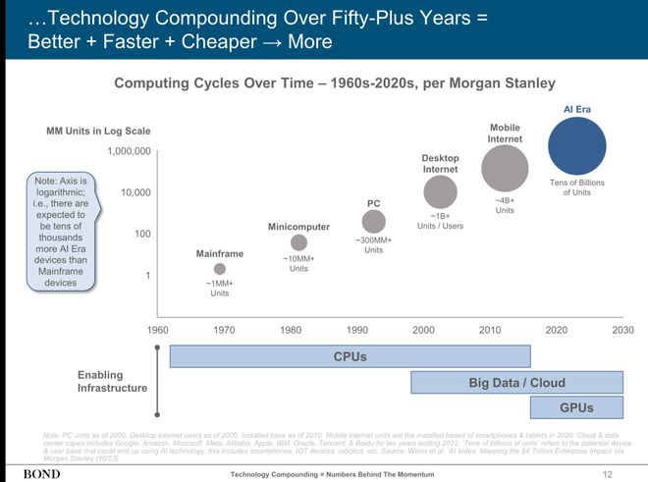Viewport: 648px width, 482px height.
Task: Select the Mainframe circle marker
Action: [x=220, y=269]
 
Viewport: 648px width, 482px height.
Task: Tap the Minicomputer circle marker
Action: [x=298, y=242]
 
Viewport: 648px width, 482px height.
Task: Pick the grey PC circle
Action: [x=373, y=222]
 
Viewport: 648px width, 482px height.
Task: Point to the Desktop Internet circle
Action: [x=440, y=192]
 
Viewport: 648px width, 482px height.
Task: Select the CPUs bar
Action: [x=351, y=356]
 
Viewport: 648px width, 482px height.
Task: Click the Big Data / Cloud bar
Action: [x=516, y=382]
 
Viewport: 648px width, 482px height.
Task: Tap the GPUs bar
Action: [x=576, y=407]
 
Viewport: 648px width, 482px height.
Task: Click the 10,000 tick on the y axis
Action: [x=135, y=192]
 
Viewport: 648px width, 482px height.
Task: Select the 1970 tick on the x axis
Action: [x=223, y=330]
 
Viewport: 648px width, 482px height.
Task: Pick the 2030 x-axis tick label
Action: [x=622, y=330]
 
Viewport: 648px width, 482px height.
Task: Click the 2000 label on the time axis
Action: [x=423, y=330]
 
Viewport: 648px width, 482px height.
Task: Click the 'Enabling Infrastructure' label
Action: [x=112, y=382]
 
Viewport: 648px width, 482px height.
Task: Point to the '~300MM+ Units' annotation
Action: [x=373, y=245]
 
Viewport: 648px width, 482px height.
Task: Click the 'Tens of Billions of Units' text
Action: [x=576, y=187]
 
